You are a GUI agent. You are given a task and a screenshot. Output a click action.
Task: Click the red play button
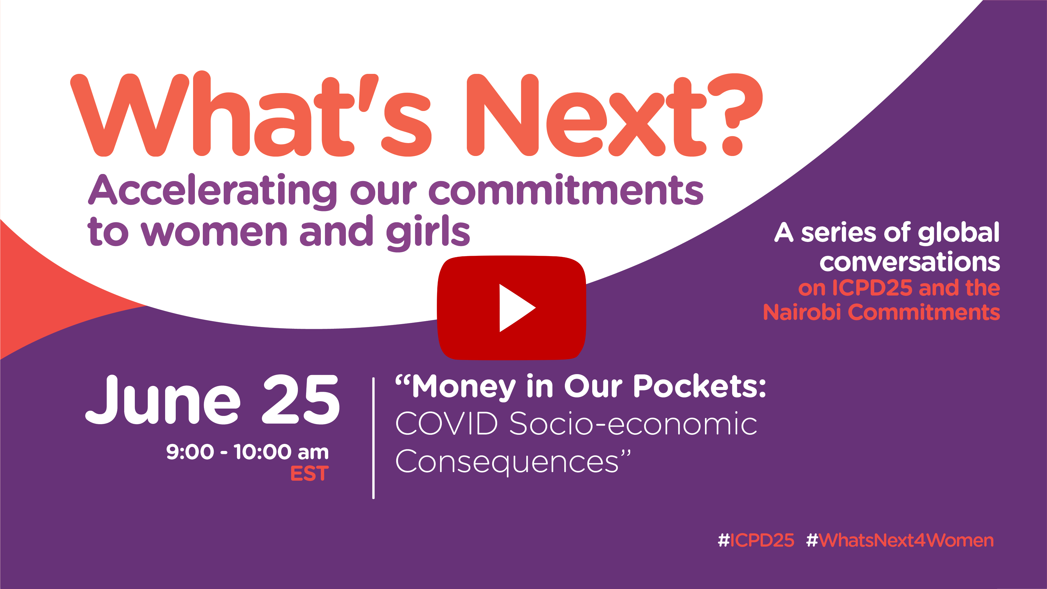pyautogui.click(x=511, y=308)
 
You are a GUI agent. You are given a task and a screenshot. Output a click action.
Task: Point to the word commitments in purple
pyautogui.click(x=566, y=190)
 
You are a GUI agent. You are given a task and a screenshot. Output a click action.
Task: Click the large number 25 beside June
pyautogui.click(x=301, y=400)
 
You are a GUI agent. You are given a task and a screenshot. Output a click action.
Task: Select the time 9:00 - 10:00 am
pyautogui.click(x=247, y=452)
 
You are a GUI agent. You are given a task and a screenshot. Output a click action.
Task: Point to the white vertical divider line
pyautogui.click(x=373, y=438)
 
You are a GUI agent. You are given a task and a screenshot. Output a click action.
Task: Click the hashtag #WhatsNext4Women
pyautogui.click(x=900, y=540)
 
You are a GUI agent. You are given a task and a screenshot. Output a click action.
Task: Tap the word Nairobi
pyautogui.click(x=802, y=312)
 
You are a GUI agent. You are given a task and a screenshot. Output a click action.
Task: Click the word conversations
pyautogui.click(x=910, y=262)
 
